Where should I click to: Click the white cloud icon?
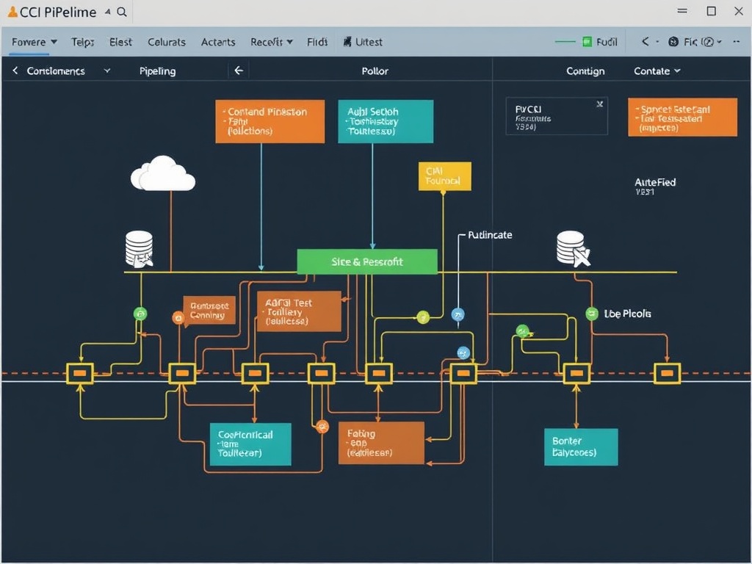point(163,175)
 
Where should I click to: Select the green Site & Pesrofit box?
point(366,261)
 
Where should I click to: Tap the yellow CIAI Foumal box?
point(444,176)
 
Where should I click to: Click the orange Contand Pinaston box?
point(270,121)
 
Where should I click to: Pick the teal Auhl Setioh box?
point(385,121)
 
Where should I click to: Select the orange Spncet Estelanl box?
point(681,117)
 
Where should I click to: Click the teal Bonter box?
point(580,446)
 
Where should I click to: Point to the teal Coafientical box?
point(250,444)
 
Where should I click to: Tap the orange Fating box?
point(380,443)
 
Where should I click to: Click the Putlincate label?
point(490,235)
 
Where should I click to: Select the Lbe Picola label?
point(626,314)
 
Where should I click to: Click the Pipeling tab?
point(157,71)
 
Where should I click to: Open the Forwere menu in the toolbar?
point(34,42)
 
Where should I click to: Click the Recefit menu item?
point(271,42)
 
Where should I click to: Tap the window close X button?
point(738,11)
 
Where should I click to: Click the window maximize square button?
point(711,11)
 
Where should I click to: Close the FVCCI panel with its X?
point(600,104)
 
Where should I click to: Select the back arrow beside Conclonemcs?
point(15,71)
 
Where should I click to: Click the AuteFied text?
point(655,182)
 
